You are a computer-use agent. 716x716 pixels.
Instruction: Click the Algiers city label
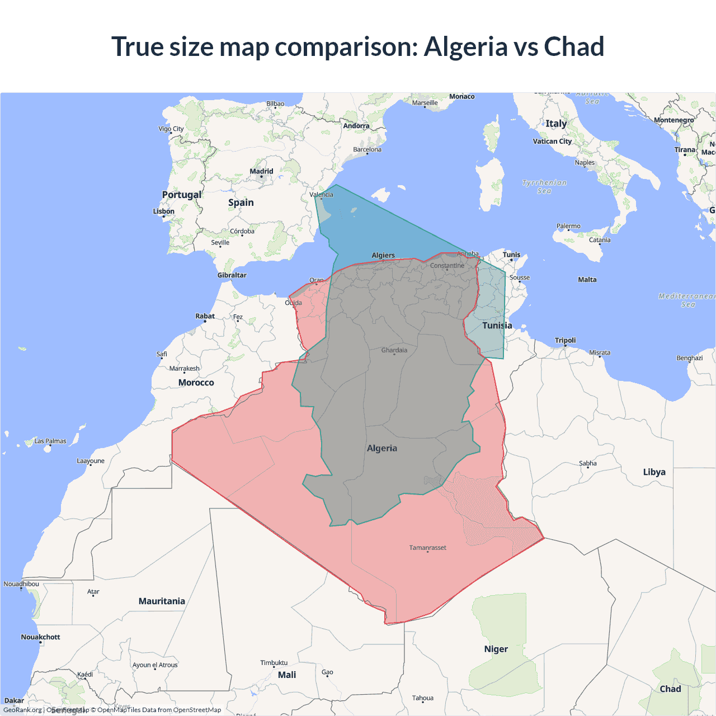tap(383, 255)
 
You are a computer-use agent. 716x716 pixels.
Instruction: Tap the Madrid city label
tap(261, 171)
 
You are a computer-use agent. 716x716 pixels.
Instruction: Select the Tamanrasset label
tap(427, 548)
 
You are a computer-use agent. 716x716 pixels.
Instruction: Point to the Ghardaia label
tap(394, 350)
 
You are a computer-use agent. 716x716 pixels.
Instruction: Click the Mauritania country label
tap(162, 601)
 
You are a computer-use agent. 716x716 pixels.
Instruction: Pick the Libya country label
tap(654, 472)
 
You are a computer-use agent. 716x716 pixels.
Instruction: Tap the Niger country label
tap(496, 649)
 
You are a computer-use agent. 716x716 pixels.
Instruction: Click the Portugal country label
tap(181, 195)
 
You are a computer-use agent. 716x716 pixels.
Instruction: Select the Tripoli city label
tap(565, 340)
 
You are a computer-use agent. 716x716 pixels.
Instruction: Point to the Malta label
tap(587, 280)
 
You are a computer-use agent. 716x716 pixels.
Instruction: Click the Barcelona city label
tap(367, 149)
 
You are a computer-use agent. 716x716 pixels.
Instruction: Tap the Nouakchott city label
tap(40, 637)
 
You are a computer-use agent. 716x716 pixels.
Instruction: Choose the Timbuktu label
tap(274, 663)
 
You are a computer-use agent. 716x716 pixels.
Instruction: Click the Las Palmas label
tap(50, 441)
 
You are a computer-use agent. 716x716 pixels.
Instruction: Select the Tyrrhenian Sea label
tap(544, 187)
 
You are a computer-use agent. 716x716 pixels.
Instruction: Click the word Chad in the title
tap(574, 46)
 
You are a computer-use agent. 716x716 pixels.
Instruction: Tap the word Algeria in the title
tap(465, 46)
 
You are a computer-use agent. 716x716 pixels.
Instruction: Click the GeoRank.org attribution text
tap(22, 710)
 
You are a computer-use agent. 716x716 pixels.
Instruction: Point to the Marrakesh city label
tap(184, 369)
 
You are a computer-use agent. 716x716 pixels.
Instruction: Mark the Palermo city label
tap(568, 226)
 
